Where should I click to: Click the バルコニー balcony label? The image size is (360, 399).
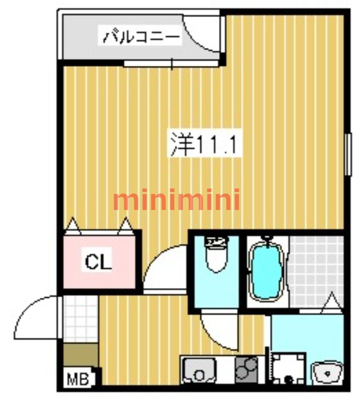tap(141, 37)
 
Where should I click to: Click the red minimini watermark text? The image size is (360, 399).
tap(177, 200)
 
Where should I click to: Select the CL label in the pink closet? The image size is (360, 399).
tap(98, 261)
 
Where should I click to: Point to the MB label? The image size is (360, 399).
tap(78, 379)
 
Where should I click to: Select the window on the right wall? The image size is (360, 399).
tap(348, 154)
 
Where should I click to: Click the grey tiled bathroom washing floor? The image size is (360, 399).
tap(317, 269)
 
